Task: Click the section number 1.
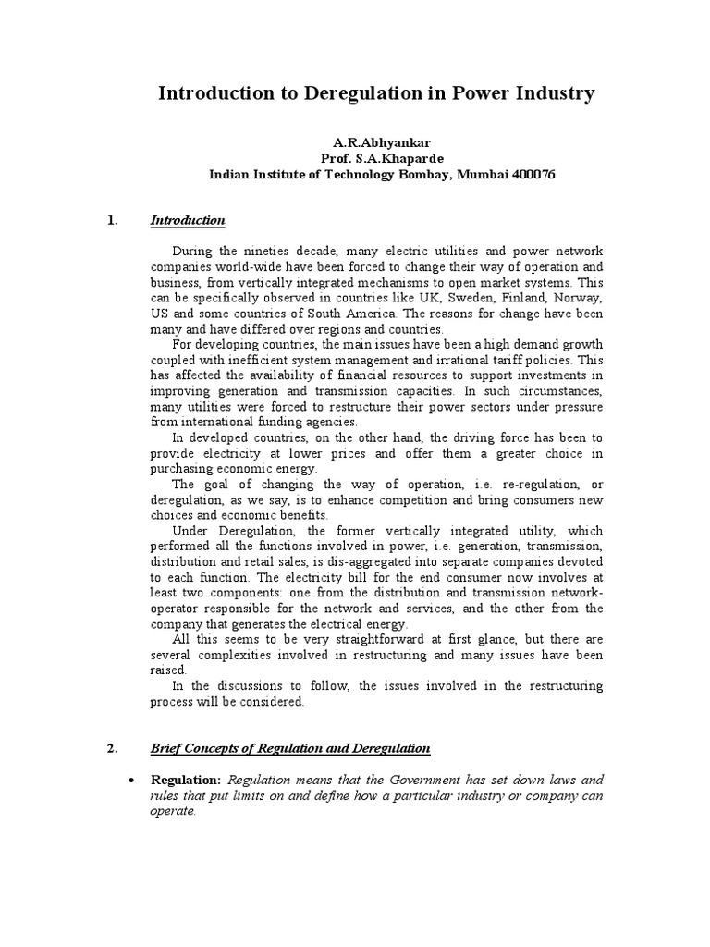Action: tap(112, 220)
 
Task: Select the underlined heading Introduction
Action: tap(188, 220)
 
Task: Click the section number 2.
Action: tap(112, 747)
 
